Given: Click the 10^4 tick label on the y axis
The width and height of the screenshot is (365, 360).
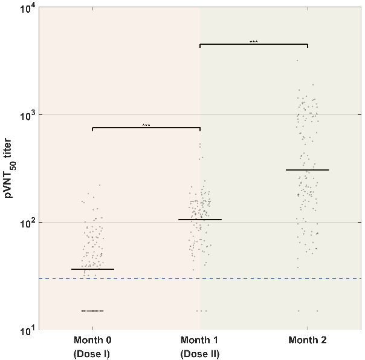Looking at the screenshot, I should click(x=27, y=7).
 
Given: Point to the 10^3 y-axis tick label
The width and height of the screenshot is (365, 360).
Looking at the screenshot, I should click(x=27, y=115).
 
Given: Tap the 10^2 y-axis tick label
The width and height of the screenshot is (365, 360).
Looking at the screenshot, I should click(x=27, y=223).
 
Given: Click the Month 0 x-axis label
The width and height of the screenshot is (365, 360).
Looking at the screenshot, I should click(x=92, y=341).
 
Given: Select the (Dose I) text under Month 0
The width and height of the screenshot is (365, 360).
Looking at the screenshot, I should click(x=92, y=353).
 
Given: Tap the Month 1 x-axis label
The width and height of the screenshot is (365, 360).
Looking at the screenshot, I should click(x=200, y=341).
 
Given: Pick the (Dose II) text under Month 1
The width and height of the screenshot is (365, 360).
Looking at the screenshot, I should click(x=200, y=353).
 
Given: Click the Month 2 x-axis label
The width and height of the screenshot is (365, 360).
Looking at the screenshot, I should click(x=307, y=341).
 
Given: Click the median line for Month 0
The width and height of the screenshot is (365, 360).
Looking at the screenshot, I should click(x=92, y=269).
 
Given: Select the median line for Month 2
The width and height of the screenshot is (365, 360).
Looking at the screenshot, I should click(x=307, y=170).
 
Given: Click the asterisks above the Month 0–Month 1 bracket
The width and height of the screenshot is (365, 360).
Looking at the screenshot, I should click(x=146, y=125).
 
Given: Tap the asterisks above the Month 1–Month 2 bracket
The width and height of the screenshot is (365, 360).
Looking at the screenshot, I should click(x=253, y=42).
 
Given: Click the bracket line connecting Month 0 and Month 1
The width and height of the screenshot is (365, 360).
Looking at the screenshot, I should click(x=146, y=128).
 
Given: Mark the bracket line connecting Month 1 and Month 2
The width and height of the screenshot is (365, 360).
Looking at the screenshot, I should click(x=253, y=44).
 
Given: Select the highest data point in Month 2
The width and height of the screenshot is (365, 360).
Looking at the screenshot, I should click(x=297, y=61).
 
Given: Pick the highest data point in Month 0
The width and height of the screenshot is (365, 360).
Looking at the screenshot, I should click(x=100, y=185).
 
